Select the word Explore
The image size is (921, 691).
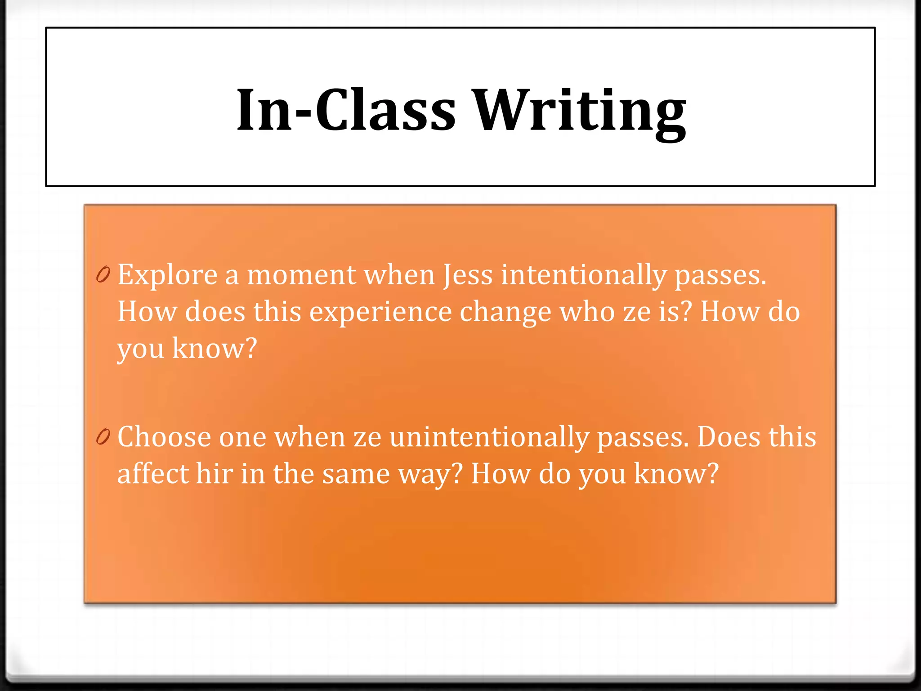pyautogui.click(x=168, y=275)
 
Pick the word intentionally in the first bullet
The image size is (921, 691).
pyautogui.click(x=583, y=275)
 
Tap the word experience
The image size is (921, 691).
pyautogui.click(x=380, y=312)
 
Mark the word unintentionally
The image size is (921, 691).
pyautogui.click(x=489, y=437)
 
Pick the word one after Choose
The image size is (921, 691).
pyautogui.click(x=243, y=437)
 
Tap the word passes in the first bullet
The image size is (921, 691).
pyautogui.click(x=720, y=275)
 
